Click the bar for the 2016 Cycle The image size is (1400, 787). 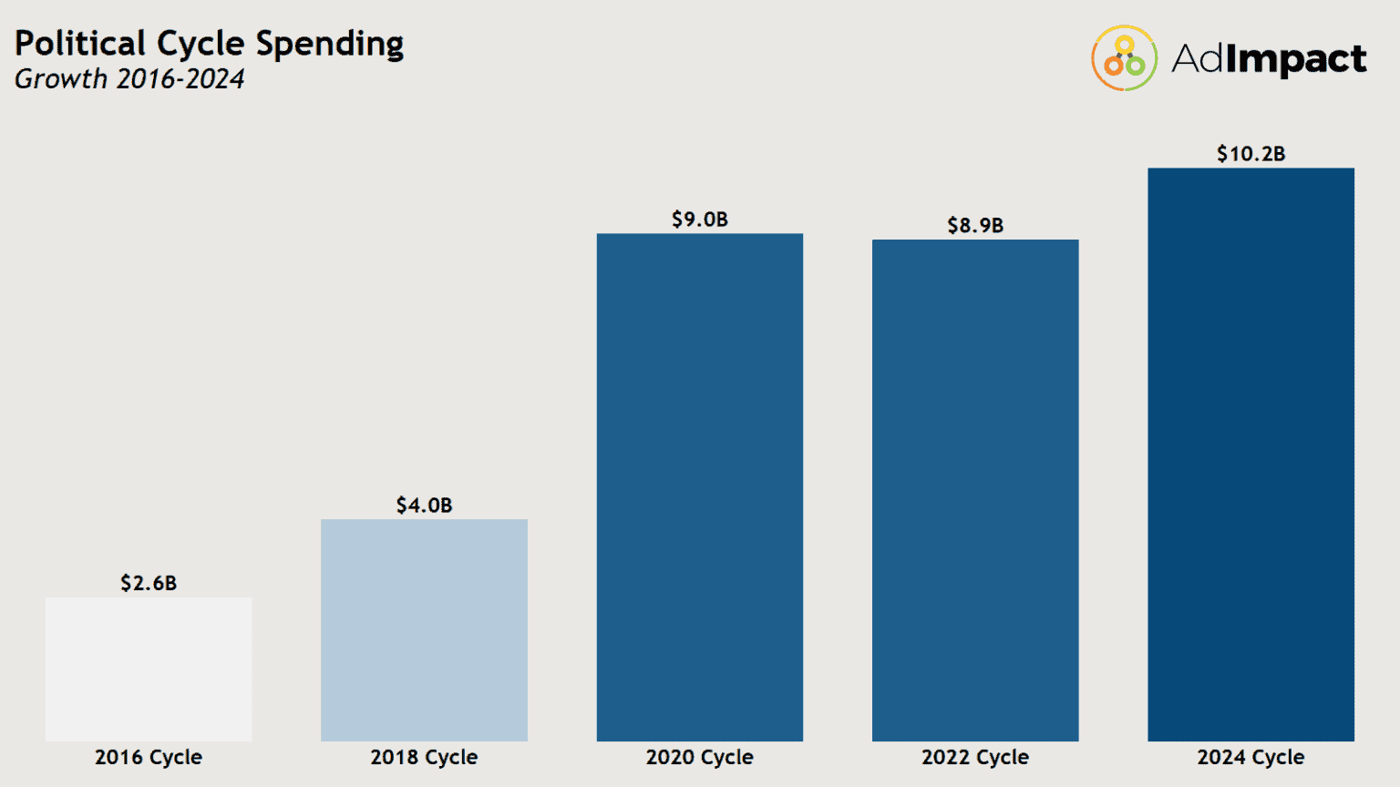[x=149, y=669]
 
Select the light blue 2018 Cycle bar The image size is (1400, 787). [x=424, y=629]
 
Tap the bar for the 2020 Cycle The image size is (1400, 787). [x=699, y=487]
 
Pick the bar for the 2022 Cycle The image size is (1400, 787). [x=974, y=490]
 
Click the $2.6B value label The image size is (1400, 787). [x=149, y=583]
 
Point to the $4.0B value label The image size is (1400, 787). [x=424, y=506]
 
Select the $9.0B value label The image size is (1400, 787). [x=699, y=220]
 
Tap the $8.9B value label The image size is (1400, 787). [x=974, y=225]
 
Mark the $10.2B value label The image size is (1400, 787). [x=1251, y=154]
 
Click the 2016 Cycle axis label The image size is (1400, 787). [x=149, y=757]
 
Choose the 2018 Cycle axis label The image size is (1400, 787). [x=424, y=757]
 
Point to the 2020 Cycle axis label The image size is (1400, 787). [x=699, y=757]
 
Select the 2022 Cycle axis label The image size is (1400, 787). [x=974, y=757]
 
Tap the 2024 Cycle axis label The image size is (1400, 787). [x=1251, y=757]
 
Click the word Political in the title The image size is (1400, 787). [x=80, y=44]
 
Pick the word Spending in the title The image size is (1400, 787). [x=329, y=45]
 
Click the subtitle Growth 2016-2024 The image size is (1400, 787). [x=129, y=79]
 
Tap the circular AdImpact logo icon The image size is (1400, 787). [x=1124, y=58]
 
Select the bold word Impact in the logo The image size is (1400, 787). [x=1295, y=59]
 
